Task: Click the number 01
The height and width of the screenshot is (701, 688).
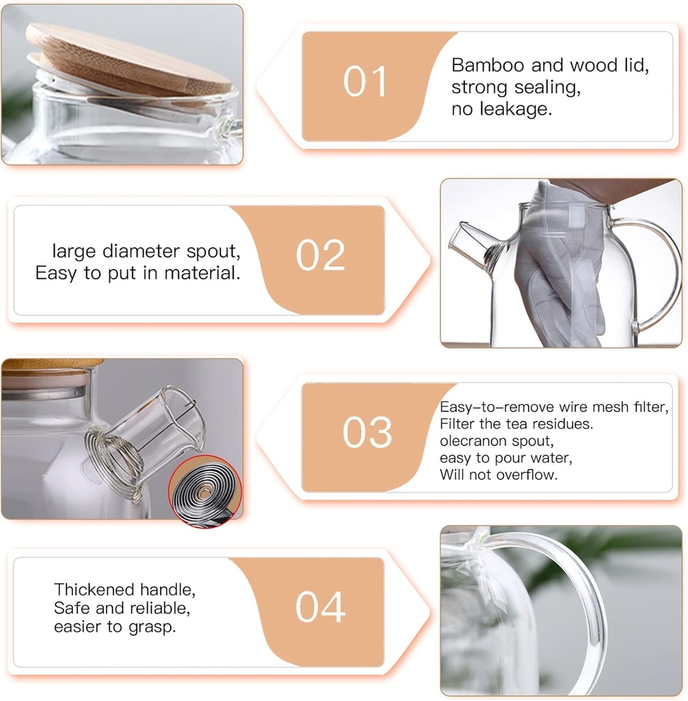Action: (x=365, y=83)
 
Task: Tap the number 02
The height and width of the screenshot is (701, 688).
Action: (x=321, y=256)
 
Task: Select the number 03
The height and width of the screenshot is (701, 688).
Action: (x=367, y=433)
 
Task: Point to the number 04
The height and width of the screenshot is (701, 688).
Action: (x=320, y=607)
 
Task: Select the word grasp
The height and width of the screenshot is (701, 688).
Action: (x=154, y=626)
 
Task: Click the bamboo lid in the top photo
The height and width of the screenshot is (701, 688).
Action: (x=130, y=58)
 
